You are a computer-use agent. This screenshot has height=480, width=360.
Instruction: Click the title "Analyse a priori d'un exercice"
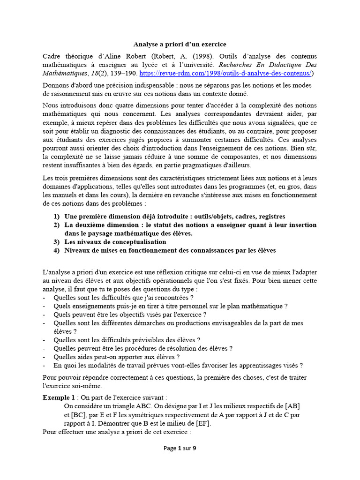pyautogui.click(x=180, y=44)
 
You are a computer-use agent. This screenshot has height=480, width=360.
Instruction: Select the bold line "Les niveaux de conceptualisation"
pyautogui.click(x=115, y=242)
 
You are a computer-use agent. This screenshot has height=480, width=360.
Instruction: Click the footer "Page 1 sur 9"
pyautogui.click(x=180, y=448)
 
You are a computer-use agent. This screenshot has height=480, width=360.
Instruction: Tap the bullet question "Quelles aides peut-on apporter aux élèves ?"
pyautogui.click(x=117, y=357)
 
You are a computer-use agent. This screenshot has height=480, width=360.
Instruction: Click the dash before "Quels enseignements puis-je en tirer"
pyautogui.click(x=44, y=306)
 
